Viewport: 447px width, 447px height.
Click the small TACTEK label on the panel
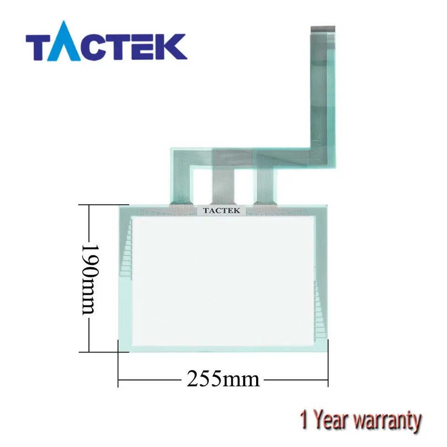pyautogui.click(x=222, y=210)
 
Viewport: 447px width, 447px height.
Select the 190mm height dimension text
pyautogui.click(x=90, y=279)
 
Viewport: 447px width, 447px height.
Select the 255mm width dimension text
pyautogui.click(x=223, y=379)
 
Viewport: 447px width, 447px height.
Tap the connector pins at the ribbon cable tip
pyautogui.click(x=323, y=29)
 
